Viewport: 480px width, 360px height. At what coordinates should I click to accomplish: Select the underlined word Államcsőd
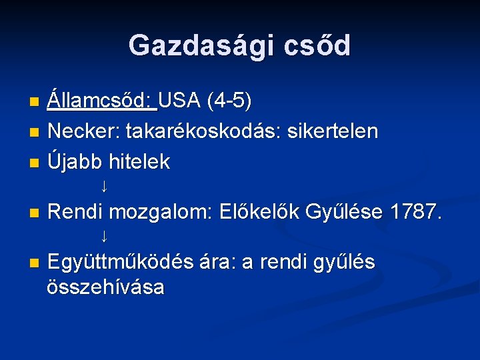[x=101, y=102]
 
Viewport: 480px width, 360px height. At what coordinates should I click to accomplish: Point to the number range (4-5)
[x=229, y=102]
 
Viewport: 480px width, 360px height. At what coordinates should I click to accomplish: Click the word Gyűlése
[x=344, y=213]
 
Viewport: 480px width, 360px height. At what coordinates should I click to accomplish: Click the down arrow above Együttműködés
[x=104, y=235]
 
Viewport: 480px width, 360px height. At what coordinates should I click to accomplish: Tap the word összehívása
[x=106, y=287]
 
